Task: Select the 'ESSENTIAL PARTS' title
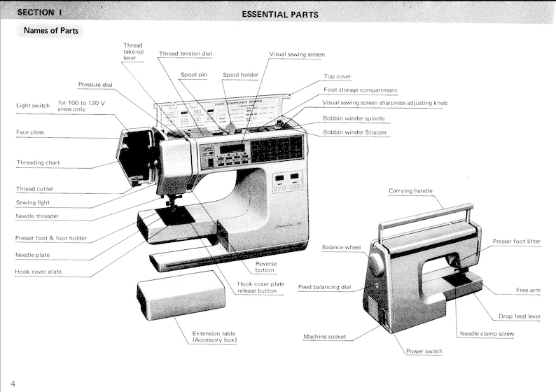(x=279, y=14)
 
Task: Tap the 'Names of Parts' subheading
(x=50, y=31)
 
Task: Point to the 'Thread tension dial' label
(x=186, y=54)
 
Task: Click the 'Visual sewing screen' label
(x=297, y=54)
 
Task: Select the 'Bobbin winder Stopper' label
(x=355, y=132)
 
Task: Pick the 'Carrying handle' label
(x=410, y=190)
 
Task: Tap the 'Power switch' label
(x=424, y=351)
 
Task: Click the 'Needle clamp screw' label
(x=487, y=334)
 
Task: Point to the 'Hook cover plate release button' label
(x=256, y=287)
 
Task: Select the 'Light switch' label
(x=33, y=106)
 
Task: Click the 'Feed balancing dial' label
(x=324, y=287)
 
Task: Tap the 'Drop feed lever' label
(x=519, y=316)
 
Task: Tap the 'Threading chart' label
(x=38, y=162)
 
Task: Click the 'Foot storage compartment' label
(x=360, y=90)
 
